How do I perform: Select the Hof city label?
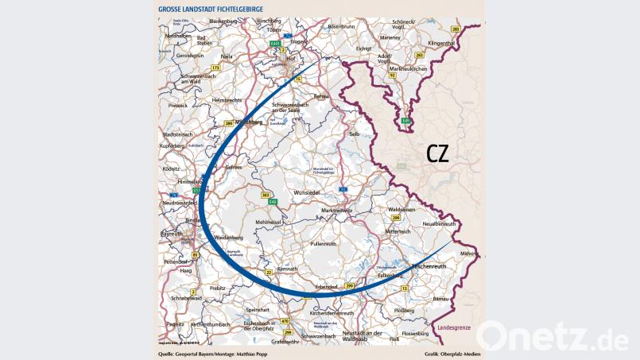[291, 57]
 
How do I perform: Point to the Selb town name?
[355, 134]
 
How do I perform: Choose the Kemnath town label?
[287, 269]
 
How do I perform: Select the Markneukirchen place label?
[406, 69]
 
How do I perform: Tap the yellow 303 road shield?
[266, 194]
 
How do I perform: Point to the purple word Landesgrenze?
[456, 327]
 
